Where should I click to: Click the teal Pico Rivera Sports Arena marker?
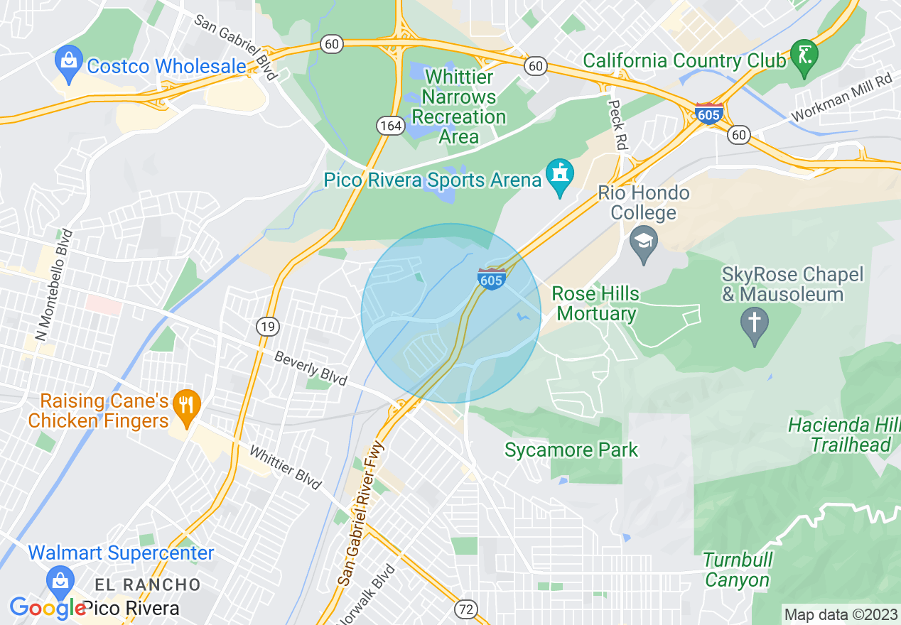(560, 176)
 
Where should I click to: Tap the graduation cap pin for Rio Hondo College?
(644, 243)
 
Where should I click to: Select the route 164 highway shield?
(391, 126)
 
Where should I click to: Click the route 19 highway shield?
(267, 327)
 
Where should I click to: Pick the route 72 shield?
(466, 609)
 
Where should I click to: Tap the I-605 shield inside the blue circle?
(491, 278)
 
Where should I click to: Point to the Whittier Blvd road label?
(286, 467)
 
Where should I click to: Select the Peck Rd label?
(618, 123)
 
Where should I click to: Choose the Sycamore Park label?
(571, 450)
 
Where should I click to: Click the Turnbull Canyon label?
(738, 570)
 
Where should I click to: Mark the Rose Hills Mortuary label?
(595, 303)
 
